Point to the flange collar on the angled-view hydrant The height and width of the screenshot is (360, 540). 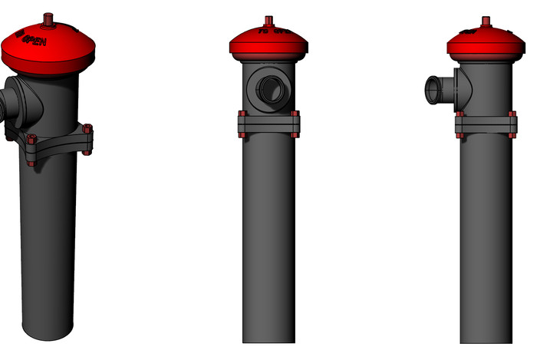point(58,142)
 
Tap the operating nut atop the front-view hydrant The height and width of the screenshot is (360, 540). point(268,19)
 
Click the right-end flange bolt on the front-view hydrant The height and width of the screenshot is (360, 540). point(296,124)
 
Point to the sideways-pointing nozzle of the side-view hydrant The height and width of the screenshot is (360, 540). point(435,89)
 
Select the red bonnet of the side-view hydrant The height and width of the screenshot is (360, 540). point(486,45)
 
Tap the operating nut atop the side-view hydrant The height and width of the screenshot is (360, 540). point(486,20)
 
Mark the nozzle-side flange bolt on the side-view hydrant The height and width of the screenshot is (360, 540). point(459,125)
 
